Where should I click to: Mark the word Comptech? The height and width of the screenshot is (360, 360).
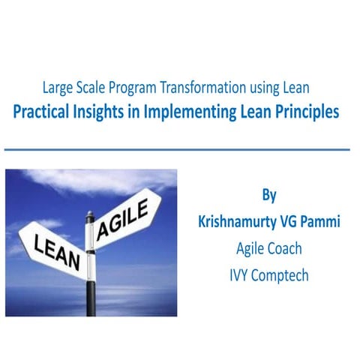[x=284, y=275]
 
